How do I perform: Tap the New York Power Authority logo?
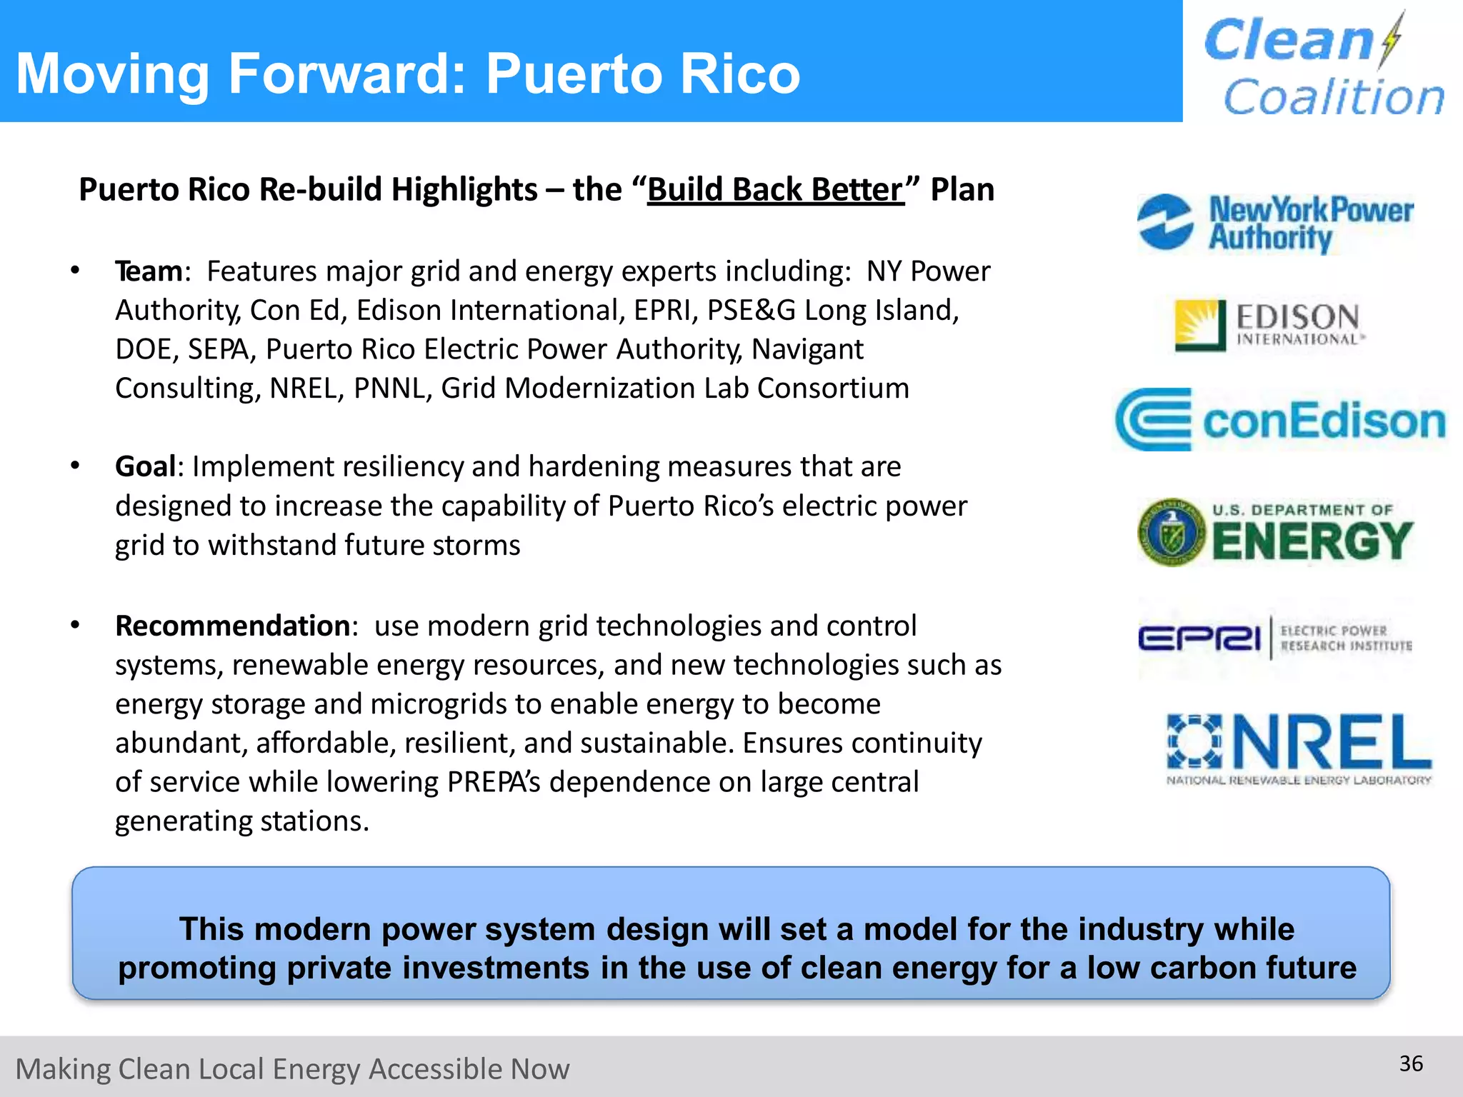point(1276,224)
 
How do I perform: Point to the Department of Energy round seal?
point(1172,533)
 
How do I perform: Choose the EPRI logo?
point(1274,638)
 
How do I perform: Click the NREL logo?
point(1299,749)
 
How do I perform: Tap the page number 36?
point(1411,1064)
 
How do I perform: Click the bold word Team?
point(149,272)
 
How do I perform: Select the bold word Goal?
point(145,467)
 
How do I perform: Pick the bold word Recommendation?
point(232,626)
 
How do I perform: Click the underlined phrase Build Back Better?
point(776,190)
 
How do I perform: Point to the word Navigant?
point(807,350)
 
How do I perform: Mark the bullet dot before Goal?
point(75,466)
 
